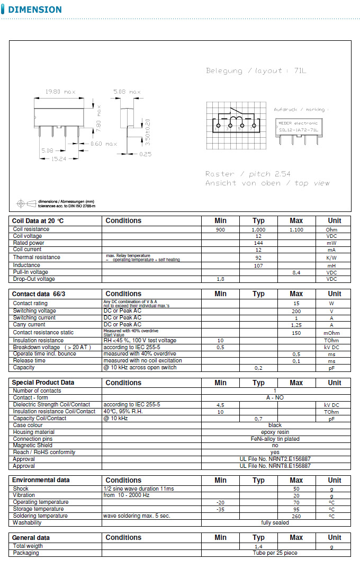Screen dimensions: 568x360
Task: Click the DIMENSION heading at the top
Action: [x=35, y=10]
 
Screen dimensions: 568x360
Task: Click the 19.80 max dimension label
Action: [x=60, y=92]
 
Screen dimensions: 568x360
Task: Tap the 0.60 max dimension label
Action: [x=104, y=144]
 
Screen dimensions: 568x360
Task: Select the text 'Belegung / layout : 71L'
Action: [x=255, y=71]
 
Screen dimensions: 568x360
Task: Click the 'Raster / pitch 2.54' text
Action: [x=248, y=174]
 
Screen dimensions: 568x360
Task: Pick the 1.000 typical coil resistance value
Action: [x=258, y=230]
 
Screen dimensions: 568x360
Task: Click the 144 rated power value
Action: [x=258, y=243]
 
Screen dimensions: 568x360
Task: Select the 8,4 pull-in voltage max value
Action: [x=296, y=272]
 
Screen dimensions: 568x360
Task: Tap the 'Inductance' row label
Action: [x=26, y=265]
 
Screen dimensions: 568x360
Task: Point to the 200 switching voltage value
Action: [x=296, y=311]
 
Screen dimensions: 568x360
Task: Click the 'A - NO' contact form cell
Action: [x=275, y=397]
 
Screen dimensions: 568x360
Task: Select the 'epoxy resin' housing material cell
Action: [x=275, y=432]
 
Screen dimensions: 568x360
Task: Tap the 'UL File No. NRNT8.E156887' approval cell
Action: [x=275, y=466]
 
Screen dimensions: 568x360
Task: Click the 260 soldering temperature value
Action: [x=296, y=516]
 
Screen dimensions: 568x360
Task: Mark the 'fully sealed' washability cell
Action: [x=275, y=523]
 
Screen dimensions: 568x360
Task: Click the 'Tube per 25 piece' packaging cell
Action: [x=275, y=553]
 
